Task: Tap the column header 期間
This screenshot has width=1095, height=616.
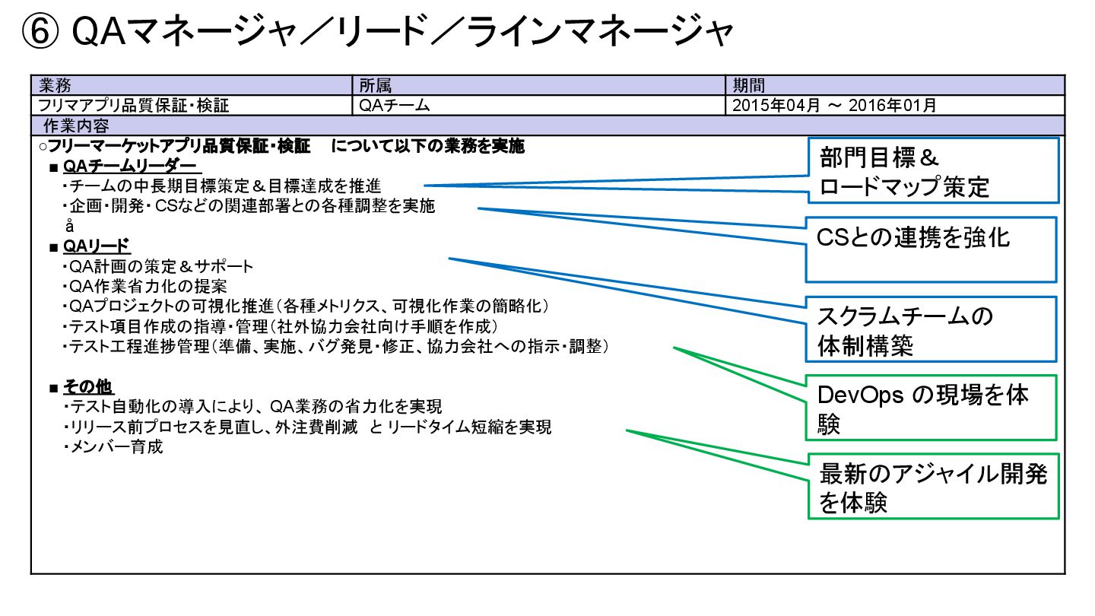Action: pyautogui.click(x=749, y=85)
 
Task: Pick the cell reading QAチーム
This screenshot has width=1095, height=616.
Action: pyautogui.click(x=395, y=106)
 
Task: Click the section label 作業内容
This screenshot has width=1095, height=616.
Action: pyautogui.click(x=76, y=125)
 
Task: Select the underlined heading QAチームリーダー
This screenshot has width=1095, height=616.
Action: pyautogui.click(x=130, y=166)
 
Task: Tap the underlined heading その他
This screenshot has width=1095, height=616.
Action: pyautogui.click(x=88, y=387)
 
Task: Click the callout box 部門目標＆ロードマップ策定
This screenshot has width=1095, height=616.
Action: pyautogui.click(x=932, y=170)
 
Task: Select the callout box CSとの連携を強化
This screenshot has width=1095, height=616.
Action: pyautogui.click(x=932, y=249)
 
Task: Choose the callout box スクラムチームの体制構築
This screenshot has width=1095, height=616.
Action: pyautogui.click(x=932, y=329)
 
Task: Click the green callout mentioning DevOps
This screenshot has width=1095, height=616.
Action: pyautogui.click(x=932, y=408)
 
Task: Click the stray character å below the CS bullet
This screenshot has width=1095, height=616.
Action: pyautogui.click(x=69, y=226)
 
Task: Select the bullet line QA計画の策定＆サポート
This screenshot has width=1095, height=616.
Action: pyautogui.click(x=160, y=267)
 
